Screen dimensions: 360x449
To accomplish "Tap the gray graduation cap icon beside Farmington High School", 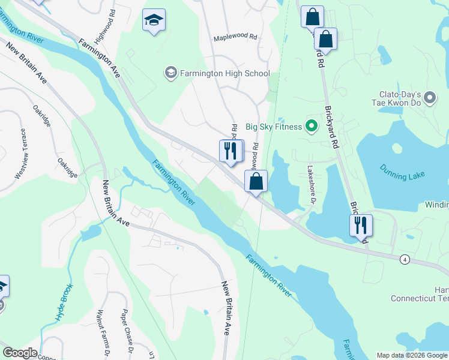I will [170, 73].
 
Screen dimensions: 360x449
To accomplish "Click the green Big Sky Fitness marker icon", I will [311, 127].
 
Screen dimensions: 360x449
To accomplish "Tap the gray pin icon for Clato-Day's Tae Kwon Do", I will [429, 97].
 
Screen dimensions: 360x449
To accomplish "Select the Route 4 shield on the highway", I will [406, 259].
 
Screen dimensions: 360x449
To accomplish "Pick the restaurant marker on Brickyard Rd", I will [361, 226].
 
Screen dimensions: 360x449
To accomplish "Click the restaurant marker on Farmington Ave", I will [231, 151].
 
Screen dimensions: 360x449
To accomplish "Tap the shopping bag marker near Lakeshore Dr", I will [256, 181].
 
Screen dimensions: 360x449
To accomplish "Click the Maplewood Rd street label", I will [235, 37].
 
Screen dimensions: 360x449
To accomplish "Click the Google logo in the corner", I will [19, 353].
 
